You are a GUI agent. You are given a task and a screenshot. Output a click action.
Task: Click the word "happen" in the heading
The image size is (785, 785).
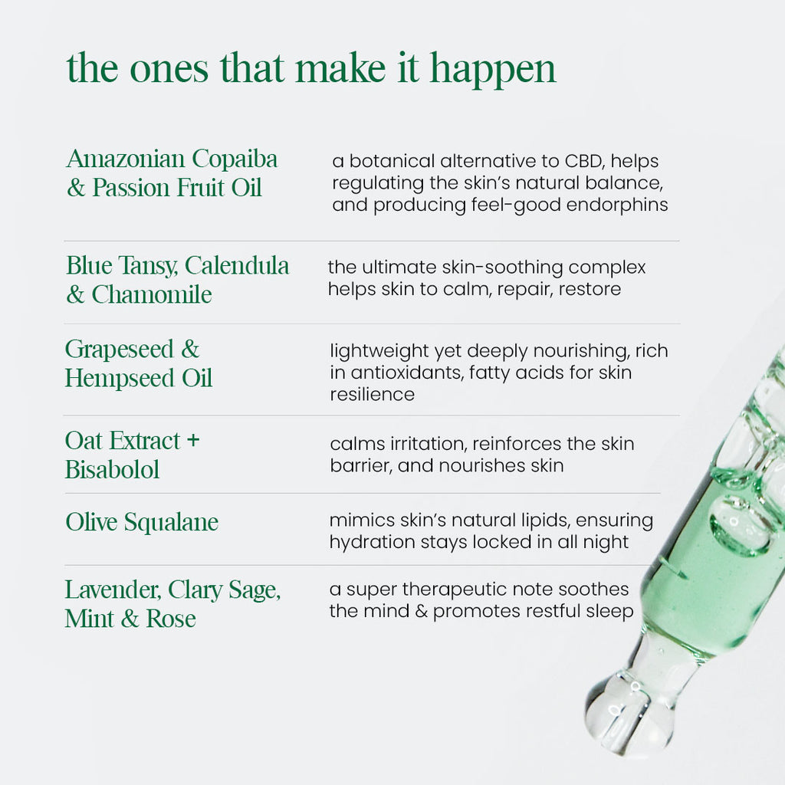[493, 71]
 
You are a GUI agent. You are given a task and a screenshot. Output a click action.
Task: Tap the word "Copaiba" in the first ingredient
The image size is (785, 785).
[235, 159]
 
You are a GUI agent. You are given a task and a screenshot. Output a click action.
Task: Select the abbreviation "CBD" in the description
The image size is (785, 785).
[583, 161]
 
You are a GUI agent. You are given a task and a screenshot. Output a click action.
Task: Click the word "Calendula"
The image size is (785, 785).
[237, 265]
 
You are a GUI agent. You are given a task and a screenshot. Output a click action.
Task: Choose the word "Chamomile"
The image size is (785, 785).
[152, 294]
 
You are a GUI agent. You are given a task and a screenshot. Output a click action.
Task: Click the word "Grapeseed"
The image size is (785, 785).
[119, 350]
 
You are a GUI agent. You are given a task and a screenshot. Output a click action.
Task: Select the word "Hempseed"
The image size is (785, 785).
[120, 378]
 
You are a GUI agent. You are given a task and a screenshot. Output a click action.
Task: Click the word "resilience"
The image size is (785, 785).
[372, 395]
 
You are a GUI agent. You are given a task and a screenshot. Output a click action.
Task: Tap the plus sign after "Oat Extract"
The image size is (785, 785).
[193, 441]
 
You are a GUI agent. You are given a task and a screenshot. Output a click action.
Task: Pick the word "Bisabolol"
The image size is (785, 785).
[112, 470]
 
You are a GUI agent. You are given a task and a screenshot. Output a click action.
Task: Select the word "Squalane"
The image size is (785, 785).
[171, 523]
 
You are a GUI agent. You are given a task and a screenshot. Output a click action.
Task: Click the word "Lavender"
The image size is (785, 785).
[113, 590]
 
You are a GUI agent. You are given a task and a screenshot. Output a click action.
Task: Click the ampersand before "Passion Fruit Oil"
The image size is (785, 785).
[76, 189]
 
